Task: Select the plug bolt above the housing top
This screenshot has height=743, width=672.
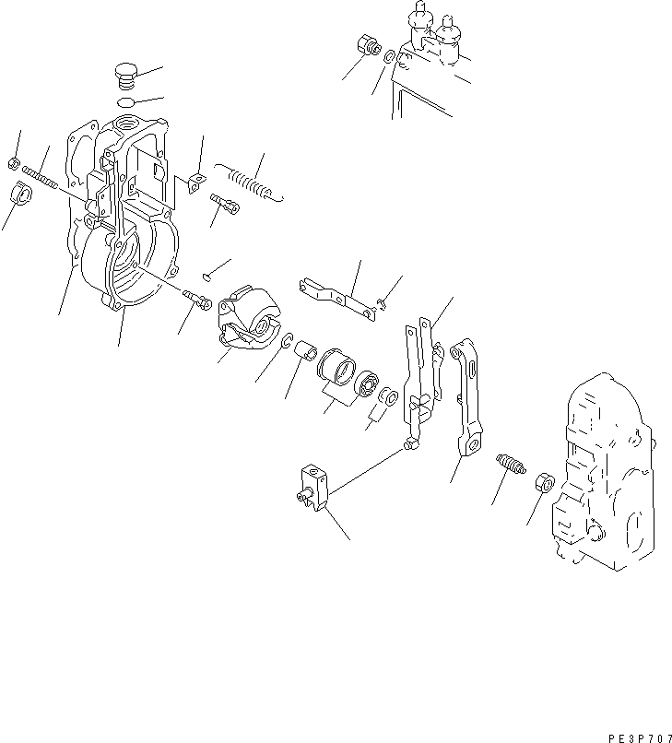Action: [x=127, y=74]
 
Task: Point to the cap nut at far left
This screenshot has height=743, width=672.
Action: [x=21, y=195]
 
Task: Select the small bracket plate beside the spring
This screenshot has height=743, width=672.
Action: [x=195, y=183]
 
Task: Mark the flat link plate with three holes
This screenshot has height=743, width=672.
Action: [x=337, y=298]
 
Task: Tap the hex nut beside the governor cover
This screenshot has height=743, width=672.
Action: [x=542, y=483]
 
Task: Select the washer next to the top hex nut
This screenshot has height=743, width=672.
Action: [x=391, y=58]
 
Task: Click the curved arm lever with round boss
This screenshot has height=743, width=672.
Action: [x=468, y=396]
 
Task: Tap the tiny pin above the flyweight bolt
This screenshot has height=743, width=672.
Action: [x=209, y=272]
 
